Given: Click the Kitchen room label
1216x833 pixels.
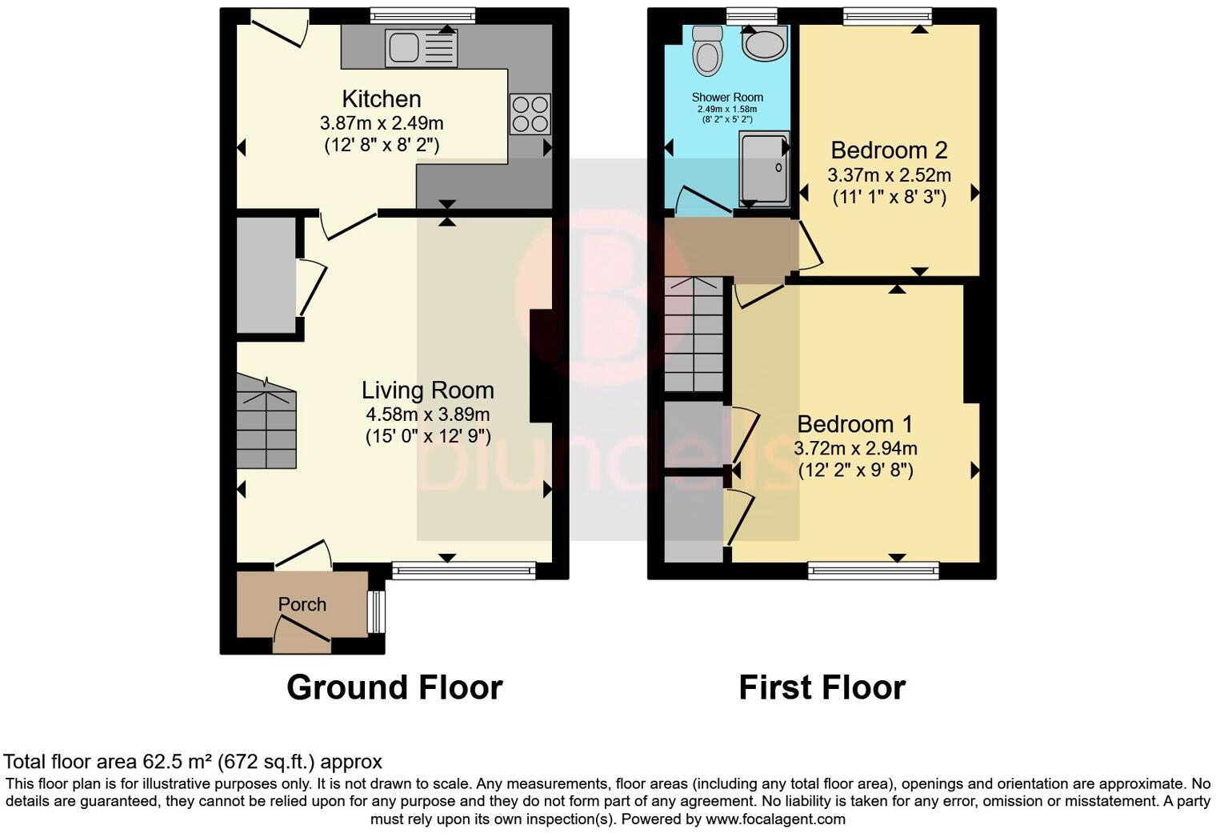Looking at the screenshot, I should tap(381, 99).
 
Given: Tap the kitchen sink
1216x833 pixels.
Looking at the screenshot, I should tap(421, 48).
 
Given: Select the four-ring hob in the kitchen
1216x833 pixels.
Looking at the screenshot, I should tap(530, 114).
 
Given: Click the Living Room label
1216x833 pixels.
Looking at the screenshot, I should tap(427, 390).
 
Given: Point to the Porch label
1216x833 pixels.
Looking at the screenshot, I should tap(302, 605).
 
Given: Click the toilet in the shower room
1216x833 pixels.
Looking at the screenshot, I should tap(706, 50).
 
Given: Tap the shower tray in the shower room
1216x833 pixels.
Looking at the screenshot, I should tap(763, 167).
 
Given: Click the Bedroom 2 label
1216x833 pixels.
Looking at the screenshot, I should tap(889, 150).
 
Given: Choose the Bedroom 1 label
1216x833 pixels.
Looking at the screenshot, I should tap(855, 424).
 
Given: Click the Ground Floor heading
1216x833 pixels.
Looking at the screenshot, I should tap(394, 688).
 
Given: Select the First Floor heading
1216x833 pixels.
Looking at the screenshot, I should tap(822, 688).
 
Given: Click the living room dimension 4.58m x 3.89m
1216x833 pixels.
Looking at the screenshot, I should tap(427, 414).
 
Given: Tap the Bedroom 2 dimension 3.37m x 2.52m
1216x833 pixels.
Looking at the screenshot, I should tap(889, 174).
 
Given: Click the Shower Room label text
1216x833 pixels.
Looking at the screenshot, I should tap(727, 98).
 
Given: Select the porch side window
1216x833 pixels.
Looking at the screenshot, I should tap(375, 612).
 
